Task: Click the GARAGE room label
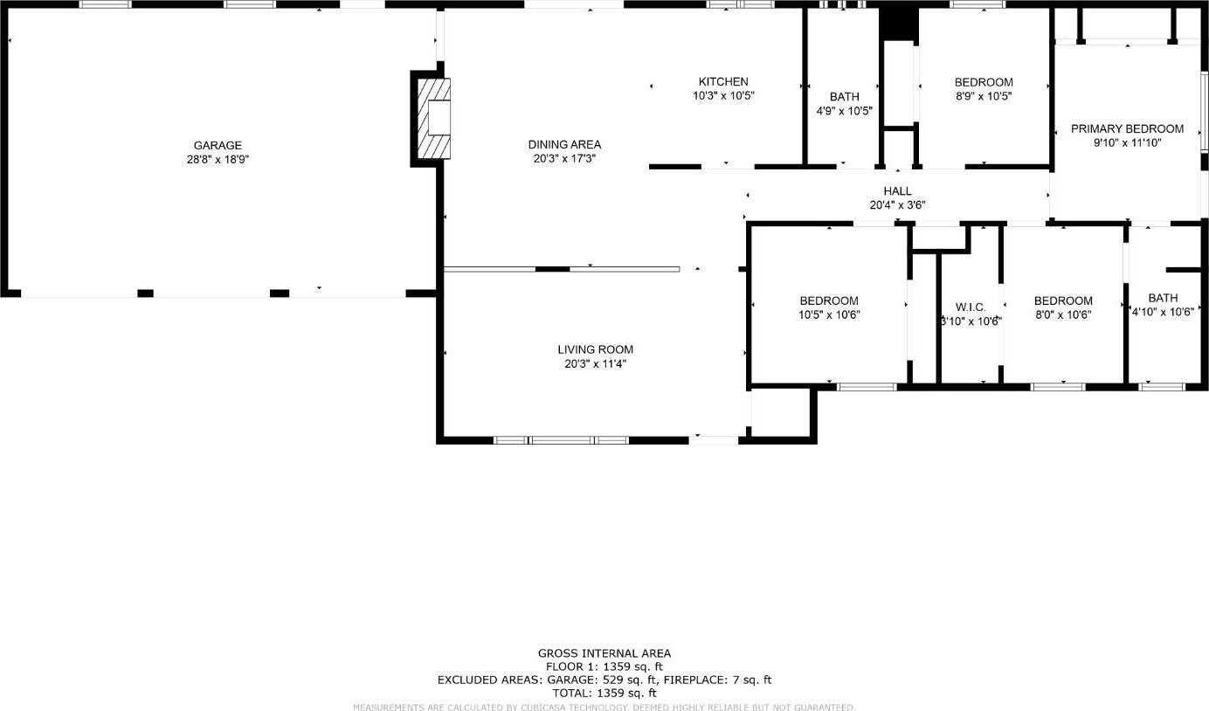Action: click(x=218, y=145)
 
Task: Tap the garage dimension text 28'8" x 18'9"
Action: click(x=218, y=159)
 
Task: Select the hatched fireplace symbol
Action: click(x=434, y=119)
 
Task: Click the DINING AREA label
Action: click(x=564, y=144)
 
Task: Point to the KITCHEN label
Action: click(x=723, y=81)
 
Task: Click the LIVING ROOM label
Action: click(x=595, y=349)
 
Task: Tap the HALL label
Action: click(x=897, y=190)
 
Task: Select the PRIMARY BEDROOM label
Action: click(x=1128, y=128)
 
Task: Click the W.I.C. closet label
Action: click(x=971, y=307)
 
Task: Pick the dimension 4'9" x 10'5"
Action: click(x=844, y=111)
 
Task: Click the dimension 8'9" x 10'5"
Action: click(x=984, y=96)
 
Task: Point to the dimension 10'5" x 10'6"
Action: click(x=829, y=314)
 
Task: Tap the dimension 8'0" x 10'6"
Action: click(x=1063, y=314)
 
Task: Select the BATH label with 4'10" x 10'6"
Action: click(x=1163, y=298)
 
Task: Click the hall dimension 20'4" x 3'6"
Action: click(x=897, y=204)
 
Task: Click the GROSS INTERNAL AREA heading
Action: click(x=604, y=653)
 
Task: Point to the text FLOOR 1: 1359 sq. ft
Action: click(x=604, y=666)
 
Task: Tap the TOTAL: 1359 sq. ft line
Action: click(x=604, y=693)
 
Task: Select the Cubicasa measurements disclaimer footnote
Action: click(x=604, y=707)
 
